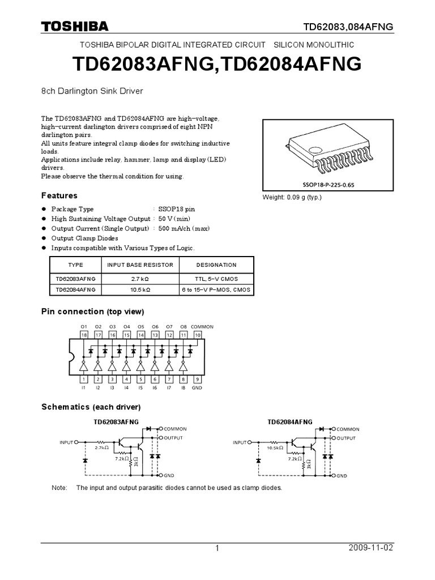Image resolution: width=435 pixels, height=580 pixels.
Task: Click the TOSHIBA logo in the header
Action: point(74,27)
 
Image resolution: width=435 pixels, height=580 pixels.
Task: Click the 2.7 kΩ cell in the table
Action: point(139,279)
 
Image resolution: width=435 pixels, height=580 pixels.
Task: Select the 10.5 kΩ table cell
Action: point(139,289)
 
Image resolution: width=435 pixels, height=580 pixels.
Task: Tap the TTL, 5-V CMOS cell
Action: point(216,279)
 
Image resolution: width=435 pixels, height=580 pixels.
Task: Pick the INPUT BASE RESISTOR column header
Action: point(139,265)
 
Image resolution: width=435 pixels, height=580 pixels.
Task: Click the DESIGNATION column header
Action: point(216,265)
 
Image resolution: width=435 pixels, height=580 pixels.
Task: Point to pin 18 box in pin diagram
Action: point(84,335)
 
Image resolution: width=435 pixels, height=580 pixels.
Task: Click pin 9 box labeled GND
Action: point(197,379)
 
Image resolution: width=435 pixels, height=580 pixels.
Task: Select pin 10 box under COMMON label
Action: point(197,335)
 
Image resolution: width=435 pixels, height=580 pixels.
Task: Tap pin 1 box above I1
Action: point(84,379)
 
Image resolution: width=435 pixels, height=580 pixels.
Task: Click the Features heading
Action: point(59,195)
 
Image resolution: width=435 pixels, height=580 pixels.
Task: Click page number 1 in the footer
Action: point(217,548)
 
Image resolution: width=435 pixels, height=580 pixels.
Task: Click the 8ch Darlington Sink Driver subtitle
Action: point(92,91)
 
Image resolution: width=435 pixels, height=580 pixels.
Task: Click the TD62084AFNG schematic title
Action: point(289,421)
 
